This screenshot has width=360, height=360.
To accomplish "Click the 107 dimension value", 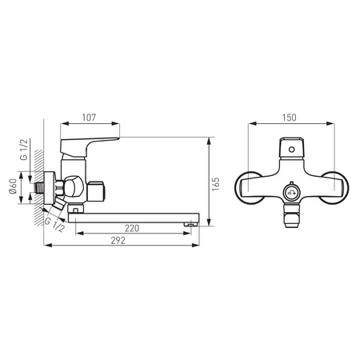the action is pos(89,118).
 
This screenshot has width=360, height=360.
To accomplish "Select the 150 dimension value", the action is pos(290,118).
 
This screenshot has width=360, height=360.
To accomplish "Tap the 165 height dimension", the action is pos(215,184).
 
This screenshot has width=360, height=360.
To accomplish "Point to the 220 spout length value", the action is pos(132,228).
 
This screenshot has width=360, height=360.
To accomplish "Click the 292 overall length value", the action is pos(118,241).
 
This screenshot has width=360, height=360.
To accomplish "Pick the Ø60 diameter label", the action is pos(13,186).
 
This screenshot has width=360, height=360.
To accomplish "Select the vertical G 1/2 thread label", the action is pos(24,149).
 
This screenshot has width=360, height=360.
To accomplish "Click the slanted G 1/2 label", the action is pos(54,225).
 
